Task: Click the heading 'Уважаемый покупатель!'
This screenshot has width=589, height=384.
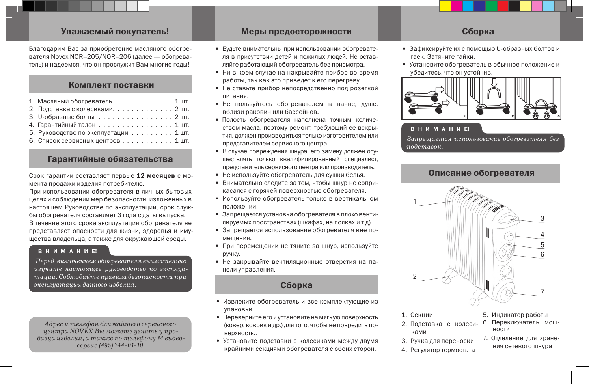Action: click(x=115, y=32)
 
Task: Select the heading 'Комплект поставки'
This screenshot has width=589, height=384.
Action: click(x=111, y=85)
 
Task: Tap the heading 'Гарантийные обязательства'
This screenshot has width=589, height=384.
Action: click(x=110, y=159)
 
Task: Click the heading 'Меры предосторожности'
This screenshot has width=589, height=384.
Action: click(x=296, y=32)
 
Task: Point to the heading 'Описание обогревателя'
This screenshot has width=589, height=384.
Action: click(x=481, y=173)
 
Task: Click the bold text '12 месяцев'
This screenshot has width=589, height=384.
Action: click(x=156, y=176)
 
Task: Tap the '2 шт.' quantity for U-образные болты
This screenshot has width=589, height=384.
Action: click(x=182, y=117)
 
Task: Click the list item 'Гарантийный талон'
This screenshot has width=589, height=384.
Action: click(x=67, y=125)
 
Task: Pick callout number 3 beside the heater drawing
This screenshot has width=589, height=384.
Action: click(x=542, y=219)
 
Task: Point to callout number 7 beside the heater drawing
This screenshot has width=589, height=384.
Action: click(x=542, y=292)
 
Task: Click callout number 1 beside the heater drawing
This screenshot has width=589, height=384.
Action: click(x=415, y=202)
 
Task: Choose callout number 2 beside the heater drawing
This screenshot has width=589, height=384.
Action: click(x=415, y=276)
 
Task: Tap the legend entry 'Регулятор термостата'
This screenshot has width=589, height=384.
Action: click(x=442, y=350)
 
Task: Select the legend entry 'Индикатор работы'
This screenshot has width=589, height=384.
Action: click(x=520, y=315)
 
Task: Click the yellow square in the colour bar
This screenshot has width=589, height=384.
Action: click(x=445, y=6)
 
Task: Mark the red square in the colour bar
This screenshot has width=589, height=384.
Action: click(x=503, y=6)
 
